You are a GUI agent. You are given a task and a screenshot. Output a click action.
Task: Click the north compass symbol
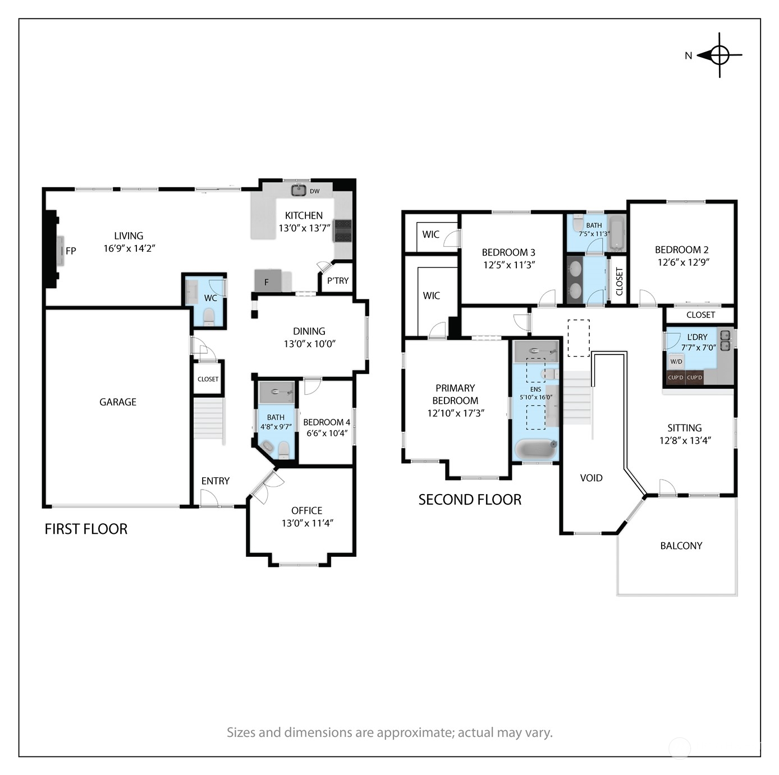(x=718, y=55)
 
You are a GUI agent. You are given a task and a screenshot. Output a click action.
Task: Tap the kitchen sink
(x=299, y=190)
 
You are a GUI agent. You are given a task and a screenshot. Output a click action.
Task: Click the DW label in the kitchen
(x=314, y=191)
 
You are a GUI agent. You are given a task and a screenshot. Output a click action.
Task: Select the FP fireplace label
(x=71, y=251)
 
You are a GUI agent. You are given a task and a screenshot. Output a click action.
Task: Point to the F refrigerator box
(x=268, y=280)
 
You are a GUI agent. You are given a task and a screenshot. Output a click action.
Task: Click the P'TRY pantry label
(x=337, y=280)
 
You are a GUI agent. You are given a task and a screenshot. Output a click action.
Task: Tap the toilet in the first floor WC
(x=209, y=317)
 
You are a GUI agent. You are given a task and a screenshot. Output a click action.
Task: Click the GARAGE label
(x=118, y=402)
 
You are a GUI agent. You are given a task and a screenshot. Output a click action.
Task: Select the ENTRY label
(x=216, y=481)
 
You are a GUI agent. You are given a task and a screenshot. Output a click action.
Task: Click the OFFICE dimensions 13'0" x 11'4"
(x=307, y=523)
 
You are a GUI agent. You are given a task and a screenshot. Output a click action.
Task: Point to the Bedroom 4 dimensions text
(x=327, y=433)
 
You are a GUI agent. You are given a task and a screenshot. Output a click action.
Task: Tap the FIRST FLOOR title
(x=86, y=528)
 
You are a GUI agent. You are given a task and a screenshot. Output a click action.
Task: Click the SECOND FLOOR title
(x=470, y=500)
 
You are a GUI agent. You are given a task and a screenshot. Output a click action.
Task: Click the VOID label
(x=591, y=478)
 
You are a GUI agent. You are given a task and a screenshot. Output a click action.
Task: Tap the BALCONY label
(x=681, y=546)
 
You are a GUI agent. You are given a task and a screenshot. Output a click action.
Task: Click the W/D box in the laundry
(x=676, y=361)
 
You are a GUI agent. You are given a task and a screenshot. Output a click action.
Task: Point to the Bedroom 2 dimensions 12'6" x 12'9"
(x=683, y=262)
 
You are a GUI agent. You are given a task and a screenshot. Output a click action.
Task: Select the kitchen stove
(x=342, y=230)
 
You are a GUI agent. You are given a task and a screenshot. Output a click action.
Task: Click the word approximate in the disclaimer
(x=415, y=732)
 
